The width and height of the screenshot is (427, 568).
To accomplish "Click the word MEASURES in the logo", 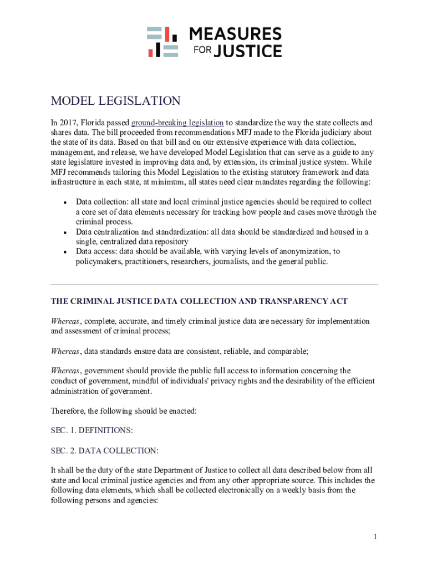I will [235, 34].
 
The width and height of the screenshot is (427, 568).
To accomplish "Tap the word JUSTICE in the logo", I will [247, 52].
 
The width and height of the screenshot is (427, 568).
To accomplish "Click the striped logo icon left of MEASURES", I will [162, 42].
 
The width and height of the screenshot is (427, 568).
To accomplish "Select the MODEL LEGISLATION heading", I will [116, 101].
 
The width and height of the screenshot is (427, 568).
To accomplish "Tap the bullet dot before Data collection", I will [65, 202].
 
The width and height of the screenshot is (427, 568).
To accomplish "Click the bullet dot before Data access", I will [65, 252].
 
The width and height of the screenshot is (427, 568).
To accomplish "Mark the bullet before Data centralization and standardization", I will [65, 232].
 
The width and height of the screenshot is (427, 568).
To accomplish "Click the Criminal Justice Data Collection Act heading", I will [199, 301].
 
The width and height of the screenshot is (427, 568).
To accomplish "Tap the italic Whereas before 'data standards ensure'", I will [65, 351].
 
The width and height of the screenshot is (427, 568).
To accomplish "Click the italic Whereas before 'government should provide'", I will [65, 371].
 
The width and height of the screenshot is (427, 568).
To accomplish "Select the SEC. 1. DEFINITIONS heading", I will [92, 430].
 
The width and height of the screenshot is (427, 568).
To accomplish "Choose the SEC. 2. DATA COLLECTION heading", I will [105, 450].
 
